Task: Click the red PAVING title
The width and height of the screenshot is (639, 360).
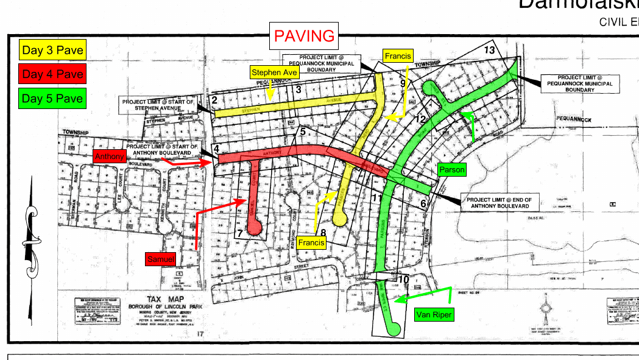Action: click(305, 36)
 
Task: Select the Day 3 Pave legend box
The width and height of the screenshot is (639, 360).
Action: click(52, 51)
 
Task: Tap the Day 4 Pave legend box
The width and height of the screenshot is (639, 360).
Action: click(52, 74)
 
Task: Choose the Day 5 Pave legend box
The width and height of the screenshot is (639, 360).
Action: click(52, 98)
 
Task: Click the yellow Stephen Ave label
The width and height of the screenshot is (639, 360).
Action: click(275, 73)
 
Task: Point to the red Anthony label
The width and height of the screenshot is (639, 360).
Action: click(110, 157)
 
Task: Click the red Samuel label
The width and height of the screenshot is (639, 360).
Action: click(161, 259)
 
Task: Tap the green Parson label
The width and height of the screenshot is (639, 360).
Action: click(451, 170)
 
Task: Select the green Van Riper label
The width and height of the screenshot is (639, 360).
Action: click(433, 315)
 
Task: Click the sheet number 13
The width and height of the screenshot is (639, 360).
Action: click(489, 50)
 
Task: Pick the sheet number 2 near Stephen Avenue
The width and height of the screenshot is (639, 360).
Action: click(214, 99)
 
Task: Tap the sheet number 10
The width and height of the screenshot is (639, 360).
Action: click(403, 280)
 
